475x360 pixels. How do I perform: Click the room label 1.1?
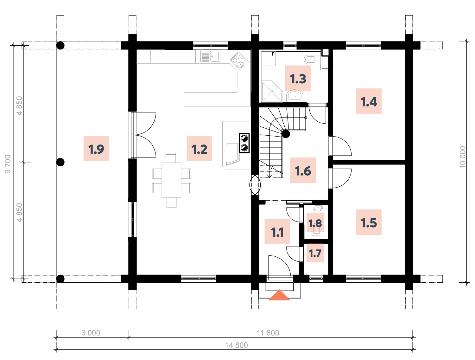point(277,231)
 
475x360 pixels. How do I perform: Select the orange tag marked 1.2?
point(199,148)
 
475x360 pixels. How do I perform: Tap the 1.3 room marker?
point(298,78)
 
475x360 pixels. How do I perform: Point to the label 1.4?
point(369,101)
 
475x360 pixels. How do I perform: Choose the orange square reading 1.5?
point(369,222)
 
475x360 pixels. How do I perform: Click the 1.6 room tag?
point(303,170)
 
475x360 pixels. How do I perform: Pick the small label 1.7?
point(315,253)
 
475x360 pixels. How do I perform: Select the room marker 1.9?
point(96,148)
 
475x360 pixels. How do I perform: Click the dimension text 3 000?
point(91,333)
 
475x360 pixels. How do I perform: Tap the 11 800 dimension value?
point(268,333)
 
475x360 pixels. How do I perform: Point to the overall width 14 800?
point(236,345)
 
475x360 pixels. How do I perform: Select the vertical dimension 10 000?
point(463,157)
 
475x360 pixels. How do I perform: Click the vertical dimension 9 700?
point(8,164)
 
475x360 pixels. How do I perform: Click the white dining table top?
point(171,180)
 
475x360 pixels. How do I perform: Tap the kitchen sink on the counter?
point(210,56)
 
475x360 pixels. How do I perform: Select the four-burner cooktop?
point(239,61)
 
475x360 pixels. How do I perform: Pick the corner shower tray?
point(271,92)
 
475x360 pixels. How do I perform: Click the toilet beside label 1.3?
point(312,60)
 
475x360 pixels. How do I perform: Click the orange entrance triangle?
point(279,295)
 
